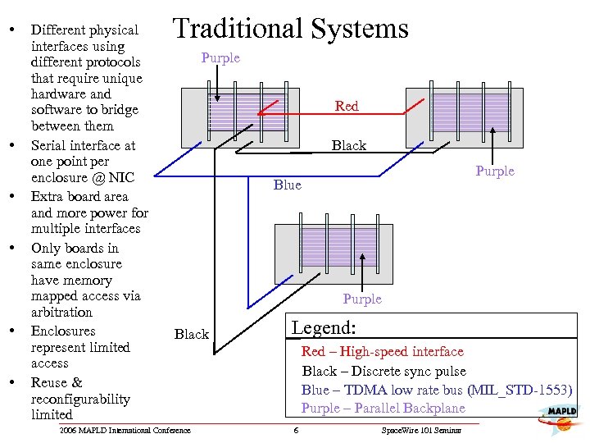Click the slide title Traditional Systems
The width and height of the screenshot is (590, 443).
click(290, 30)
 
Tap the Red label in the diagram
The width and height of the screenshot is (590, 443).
click(347, 106)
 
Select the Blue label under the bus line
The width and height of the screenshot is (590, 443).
click(288, 185)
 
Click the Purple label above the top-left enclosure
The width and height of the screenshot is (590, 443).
click(220, 57)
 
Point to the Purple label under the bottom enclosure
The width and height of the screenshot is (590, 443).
click(362, 299)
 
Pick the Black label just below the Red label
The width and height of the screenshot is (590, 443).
click(348, 145)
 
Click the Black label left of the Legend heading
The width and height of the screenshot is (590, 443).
click(192, 334)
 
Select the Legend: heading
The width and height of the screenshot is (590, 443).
click(324, 328)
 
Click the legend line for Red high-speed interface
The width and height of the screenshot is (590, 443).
click(383, 351)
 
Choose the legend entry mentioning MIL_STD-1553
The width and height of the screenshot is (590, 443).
click(436, 390)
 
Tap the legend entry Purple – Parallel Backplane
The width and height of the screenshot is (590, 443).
click(383, 408)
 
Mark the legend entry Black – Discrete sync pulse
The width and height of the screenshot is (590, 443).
click(383, 371)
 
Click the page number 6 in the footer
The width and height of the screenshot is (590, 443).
click(296, 431)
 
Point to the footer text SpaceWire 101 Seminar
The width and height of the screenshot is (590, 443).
click(421, 431)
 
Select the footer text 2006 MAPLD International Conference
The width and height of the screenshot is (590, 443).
click(125, 431)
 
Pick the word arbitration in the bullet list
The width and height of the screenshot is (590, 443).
click(61, 312)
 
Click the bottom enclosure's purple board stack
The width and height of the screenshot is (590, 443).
click(327, 247)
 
